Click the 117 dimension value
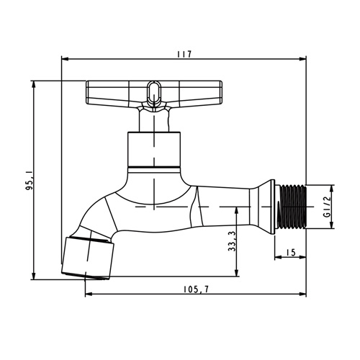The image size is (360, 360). (x=184, y=54)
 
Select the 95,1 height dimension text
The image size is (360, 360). (x=30, y=181)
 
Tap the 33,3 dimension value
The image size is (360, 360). (x=232, y=241)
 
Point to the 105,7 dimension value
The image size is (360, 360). (x=197, y=289)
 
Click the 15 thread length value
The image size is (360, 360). (x=291, y=253)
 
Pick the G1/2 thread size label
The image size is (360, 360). (x=327, y=207)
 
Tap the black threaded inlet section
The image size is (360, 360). (x=292, y=207)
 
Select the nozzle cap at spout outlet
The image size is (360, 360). (x=88, y=258)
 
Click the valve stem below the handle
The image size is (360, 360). (x=154, y=120)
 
